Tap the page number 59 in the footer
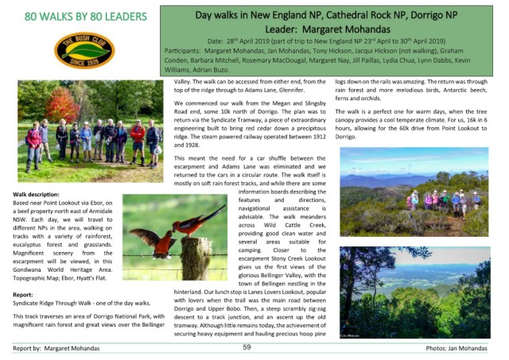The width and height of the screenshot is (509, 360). click(x=247, y=346)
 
